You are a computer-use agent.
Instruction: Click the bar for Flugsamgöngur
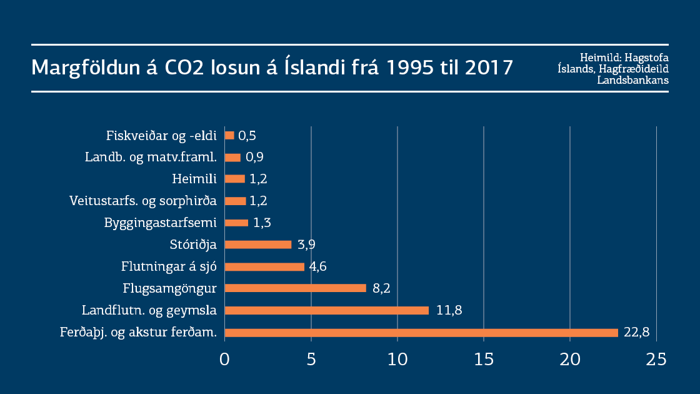click(x=295, y=288)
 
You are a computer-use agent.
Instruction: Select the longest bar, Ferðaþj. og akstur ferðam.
click(x=421, y=332)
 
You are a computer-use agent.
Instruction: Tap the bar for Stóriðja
click(x=257, y=245)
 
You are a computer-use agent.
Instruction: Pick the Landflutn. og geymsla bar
click(x=326, y=310)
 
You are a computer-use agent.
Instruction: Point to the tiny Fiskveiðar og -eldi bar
click(x=229, y=135)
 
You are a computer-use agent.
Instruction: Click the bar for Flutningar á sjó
click(x=264, y=266)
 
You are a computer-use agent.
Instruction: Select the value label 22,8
click(x=636, y=332)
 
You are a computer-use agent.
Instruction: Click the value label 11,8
click(x=449, y=310)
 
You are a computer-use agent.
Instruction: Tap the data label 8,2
click(x=381, y=288)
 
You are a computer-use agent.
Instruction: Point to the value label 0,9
click(x=255, y=157)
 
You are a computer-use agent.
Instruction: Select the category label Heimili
click(x=194, y=179)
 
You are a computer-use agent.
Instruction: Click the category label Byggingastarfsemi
click(x=161, y=223)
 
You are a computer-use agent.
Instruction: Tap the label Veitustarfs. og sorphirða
click(x=143, y=201)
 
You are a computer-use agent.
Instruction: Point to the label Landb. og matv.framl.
click(x=151, y=157)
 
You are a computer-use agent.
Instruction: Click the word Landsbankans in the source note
click(x=632, y=80)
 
